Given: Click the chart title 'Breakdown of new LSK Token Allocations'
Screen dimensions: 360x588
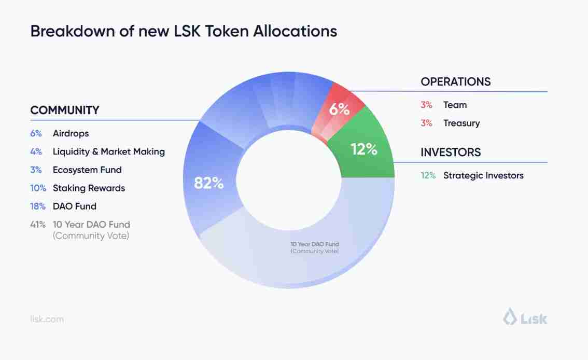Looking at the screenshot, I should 184,31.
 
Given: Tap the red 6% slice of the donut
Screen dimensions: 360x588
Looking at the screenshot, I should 339,109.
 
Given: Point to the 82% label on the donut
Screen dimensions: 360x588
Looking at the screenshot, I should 208,183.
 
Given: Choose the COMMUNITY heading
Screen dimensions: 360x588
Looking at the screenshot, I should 65,110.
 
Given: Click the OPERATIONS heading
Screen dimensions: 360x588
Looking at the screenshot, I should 455,81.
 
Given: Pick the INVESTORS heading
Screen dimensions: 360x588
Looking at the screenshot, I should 451,153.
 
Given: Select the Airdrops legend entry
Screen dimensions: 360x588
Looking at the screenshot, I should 71,133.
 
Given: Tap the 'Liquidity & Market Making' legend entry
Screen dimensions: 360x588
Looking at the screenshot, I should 108,151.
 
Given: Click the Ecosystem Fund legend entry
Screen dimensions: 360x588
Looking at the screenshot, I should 87,170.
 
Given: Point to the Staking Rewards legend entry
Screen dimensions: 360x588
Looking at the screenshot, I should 89,188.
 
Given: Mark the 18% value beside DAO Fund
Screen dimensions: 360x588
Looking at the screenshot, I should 38,206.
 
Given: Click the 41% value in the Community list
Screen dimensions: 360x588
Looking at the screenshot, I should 38,225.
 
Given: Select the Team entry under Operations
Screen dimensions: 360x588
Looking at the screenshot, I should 455,105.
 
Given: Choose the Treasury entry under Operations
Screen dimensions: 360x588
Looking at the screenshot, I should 461,123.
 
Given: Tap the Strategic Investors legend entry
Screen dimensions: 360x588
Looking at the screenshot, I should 483,175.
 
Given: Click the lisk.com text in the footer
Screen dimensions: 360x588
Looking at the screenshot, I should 47,319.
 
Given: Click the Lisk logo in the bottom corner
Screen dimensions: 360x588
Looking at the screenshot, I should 525,317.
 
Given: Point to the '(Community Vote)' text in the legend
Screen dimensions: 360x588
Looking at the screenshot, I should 91,236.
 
